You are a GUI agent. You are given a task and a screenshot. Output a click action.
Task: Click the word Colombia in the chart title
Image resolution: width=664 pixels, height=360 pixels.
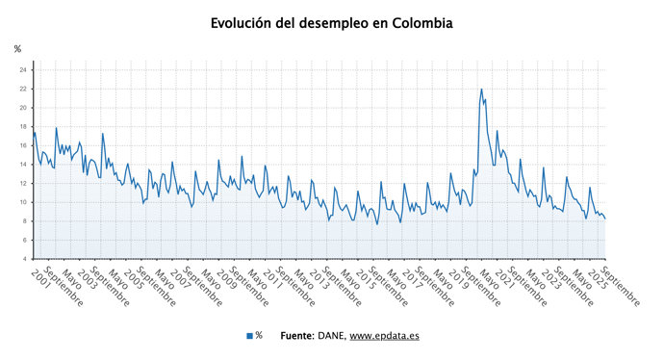(x=416, y=22)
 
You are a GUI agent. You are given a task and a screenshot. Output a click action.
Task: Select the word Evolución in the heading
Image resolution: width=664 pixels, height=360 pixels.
(x=244, y=22)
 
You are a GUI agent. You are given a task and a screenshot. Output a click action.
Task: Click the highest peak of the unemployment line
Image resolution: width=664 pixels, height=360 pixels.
(x=481, y=90)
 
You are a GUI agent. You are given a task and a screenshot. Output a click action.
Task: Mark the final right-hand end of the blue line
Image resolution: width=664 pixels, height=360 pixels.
(x=604, y=219)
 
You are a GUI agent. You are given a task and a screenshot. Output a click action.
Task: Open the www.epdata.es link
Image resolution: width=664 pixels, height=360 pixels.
(x=383, y=335)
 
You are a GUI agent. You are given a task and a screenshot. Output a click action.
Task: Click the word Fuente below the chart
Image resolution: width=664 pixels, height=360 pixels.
(x=296, y=335)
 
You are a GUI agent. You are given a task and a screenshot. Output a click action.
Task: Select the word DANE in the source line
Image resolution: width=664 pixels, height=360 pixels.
(x=330, y=335)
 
